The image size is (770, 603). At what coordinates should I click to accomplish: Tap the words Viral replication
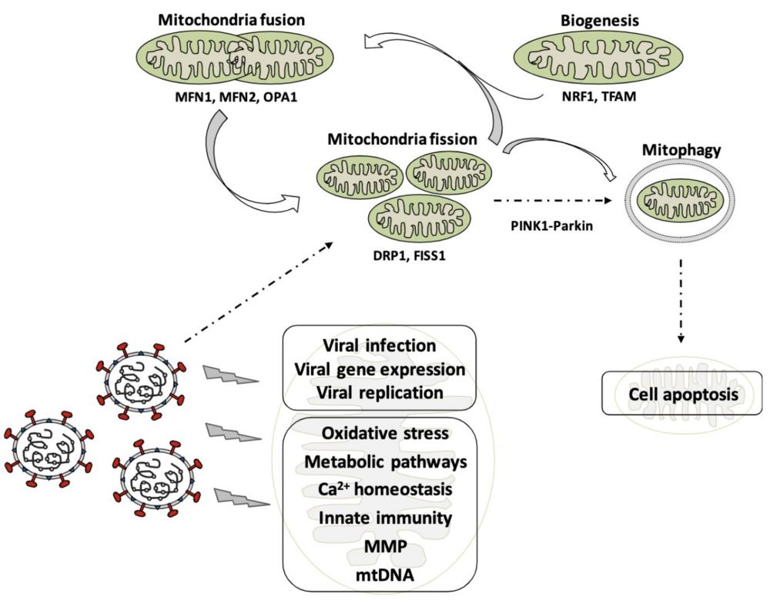[x=380, y=392]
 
